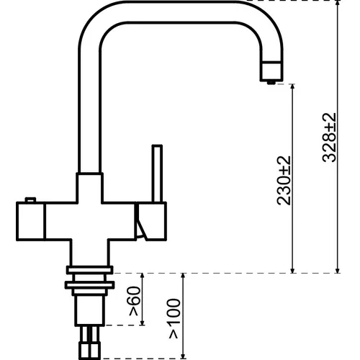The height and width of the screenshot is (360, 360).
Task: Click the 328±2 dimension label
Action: (329, 138)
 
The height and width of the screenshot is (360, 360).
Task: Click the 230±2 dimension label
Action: (284, 181)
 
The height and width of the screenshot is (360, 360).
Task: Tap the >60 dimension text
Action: (134, 301)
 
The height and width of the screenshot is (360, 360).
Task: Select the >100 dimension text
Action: (175, 319)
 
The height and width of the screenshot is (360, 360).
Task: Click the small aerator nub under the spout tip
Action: (271, 83)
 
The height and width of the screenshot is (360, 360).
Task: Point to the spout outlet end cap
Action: (272, 71)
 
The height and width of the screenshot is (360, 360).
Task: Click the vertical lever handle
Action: (157, 174)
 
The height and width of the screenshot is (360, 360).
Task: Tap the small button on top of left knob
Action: (30, 199)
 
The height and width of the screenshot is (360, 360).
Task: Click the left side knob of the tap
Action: (30, 221)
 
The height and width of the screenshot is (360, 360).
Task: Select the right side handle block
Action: (151, 221)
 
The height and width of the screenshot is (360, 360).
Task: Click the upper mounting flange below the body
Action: (89, 270)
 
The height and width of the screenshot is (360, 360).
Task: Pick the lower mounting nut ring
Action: (89, 285)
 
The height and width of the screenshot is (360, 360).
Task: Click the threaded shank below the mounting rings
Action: (89, 310)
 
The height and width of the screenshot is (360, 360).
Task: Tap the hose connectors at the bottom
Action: (89, 343)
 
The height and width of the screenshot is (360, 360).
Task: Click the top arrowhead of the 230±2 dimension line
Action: (292, 87)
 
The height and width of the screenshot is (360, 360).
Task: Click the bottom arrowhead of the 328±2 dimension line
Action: (338, 270)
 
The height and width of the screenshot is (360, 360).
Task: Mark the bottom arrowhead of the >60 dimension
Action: (143, 323)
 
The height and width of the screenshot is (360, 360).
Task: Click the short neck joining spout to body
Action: (89, 188)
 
